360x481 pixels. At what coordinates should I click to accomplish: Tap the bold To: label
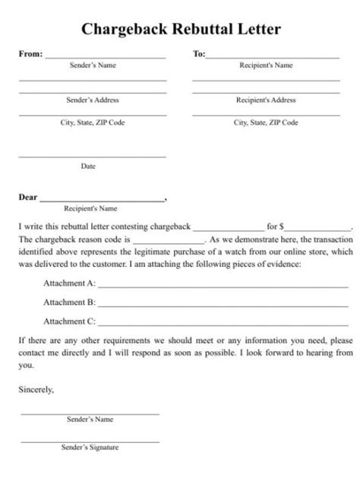tap(199, 54)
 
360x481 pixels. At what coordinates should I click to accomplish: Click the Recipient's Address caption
tap(266, 100)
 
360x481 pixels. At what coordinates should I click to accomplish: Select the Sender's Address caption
tap(93, 100)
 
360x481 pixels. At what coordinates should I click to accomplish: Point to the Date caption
tap(88, 165)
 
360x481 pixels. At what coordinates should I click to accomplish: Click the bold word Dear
tap(27, 198)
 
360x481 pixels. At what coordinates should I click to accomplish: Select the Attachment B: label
tap(69, 302)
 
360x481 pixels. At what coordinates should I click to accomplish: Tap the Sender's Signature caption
tap(90, 448)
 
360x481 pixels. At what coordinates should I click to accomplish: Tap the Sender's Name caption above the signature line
tap(90, 420)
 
